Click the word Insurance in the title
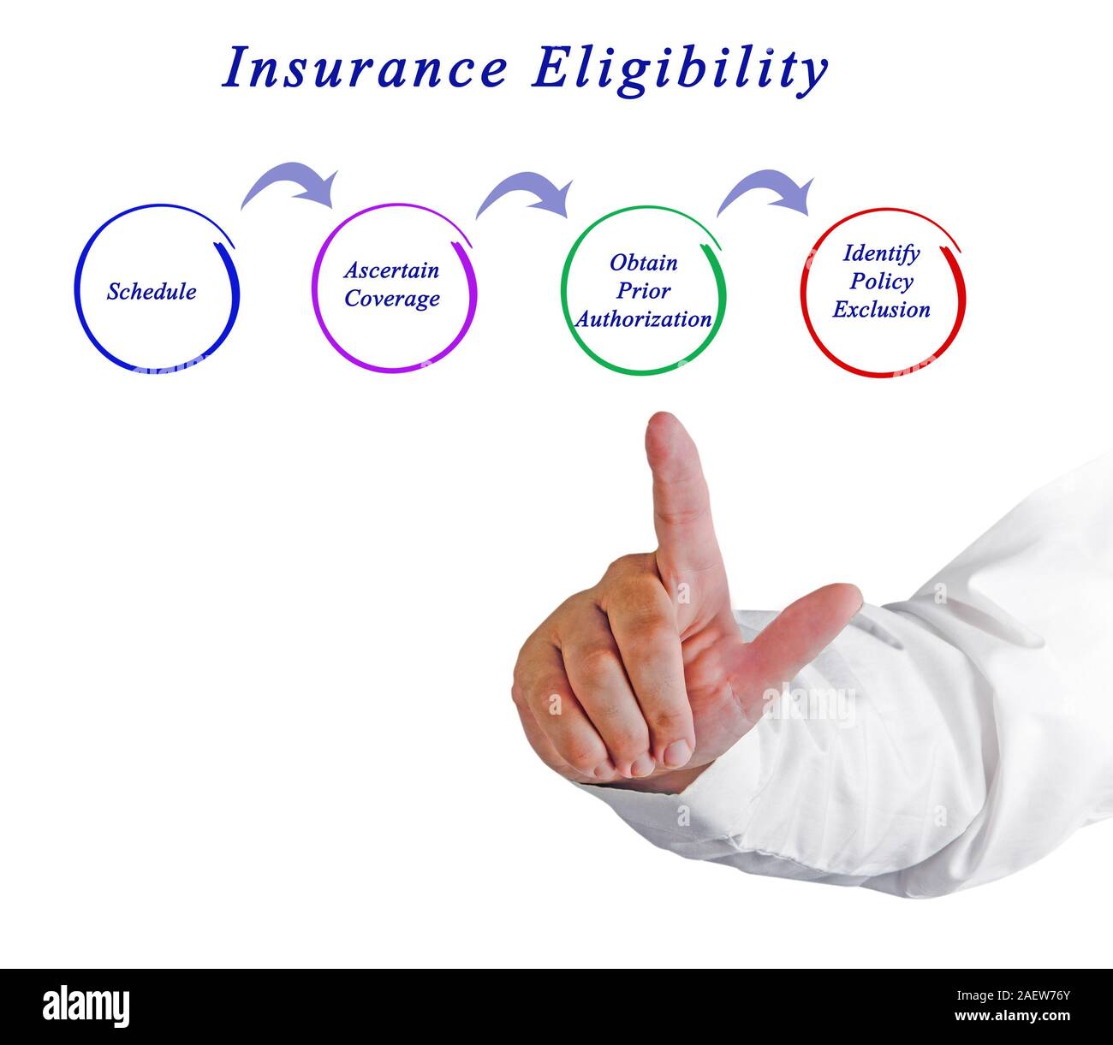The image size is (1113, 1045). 366,68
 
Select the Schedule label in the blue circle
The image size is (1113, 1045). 152,292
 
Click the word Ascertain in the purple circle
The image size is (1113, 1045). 391,270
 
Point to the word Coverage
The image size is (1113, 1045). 392,299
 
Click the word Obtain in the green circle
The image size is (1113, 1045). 643,262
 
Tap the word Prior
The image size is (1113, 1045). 643,290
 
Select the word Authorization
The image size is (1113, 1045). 643,319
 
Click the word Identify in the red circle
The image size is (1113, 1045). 881,253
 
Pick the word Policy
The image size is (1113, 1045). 881,282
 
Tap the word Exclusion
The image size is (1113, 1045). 881,309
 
